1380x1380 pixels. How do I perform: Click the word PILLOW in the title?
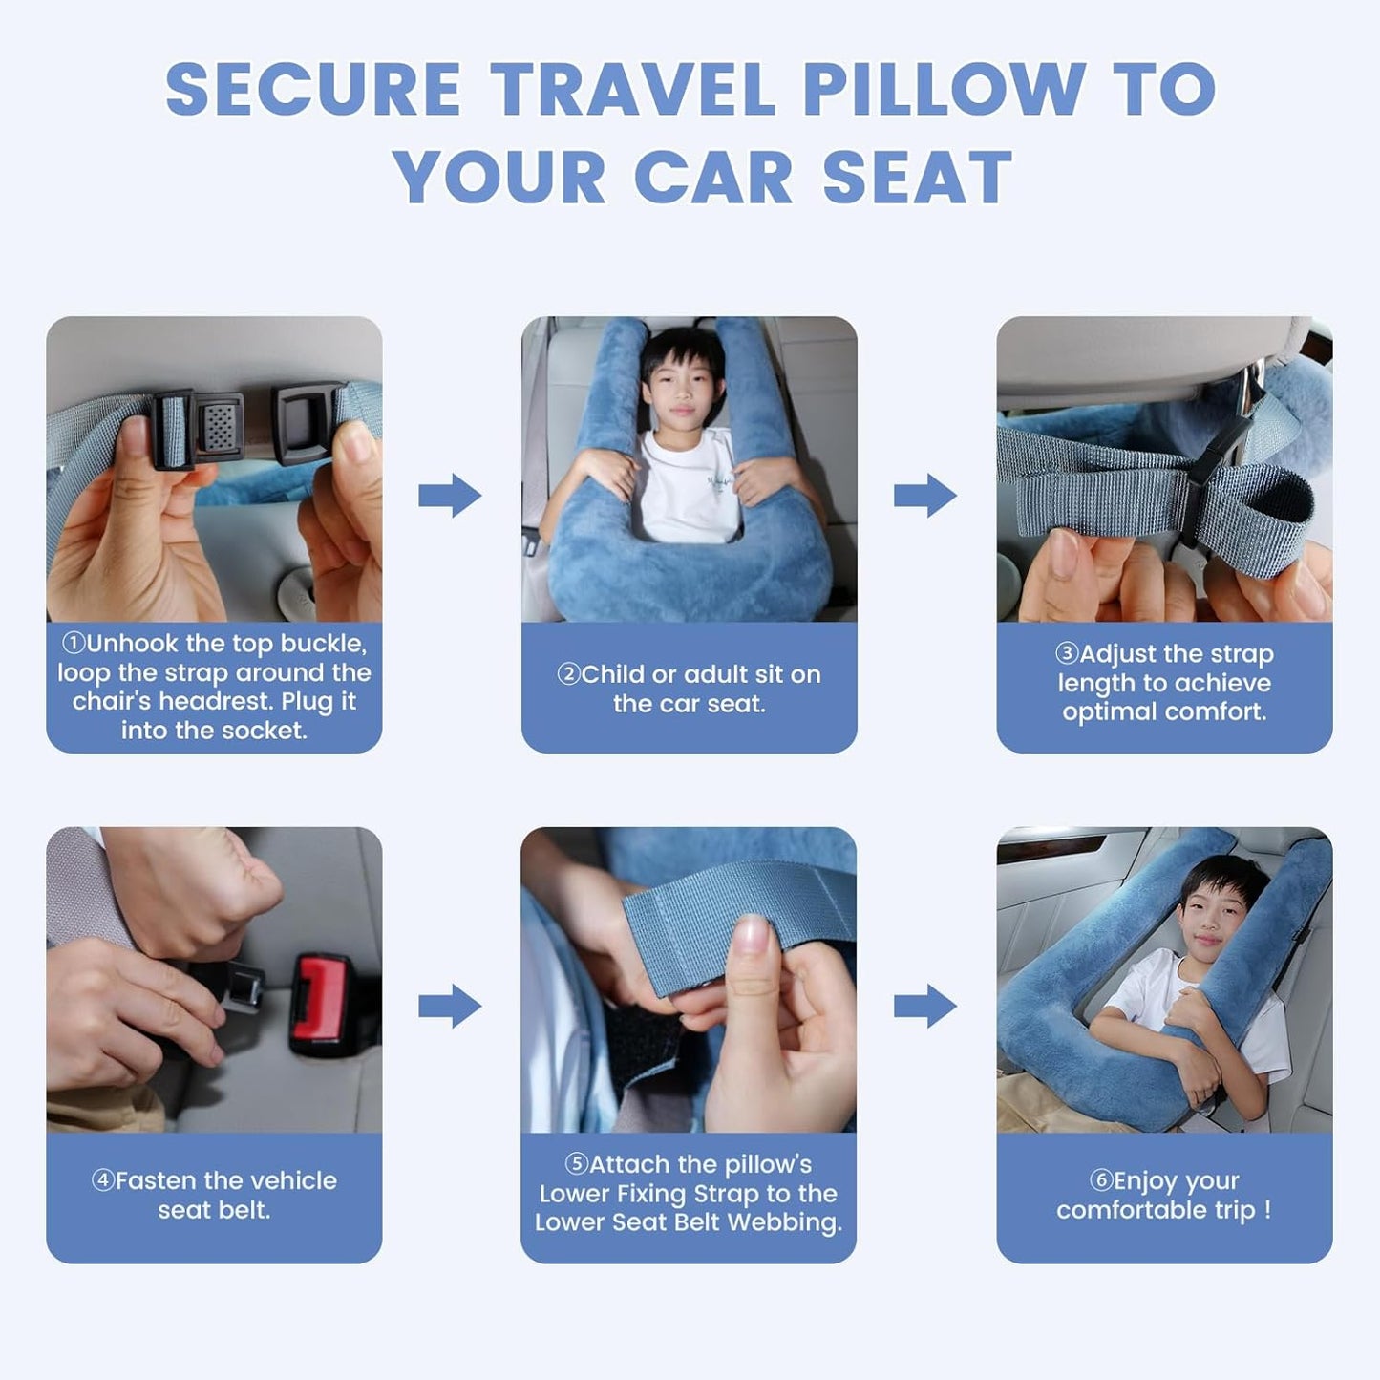(x=943, y=90)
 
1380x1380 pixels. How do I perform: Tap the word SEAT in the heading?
(x=917, y=179)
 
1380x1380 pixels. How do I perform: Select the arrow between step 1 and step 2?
(x=450, y=495)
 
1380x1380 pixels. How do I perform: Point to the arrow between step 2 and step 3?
(x=924, y=495)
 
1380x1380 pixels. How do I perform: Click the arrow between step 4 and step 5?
(x=450, y=1006)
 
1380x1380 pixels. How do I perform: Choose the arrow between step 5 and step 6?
(x=924, y=1006)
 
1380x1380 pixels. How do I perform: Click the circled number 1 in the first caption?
(x=73, y=643)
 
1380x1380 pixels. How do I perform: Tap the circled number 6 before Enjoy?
(x=1101, y=1180)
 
